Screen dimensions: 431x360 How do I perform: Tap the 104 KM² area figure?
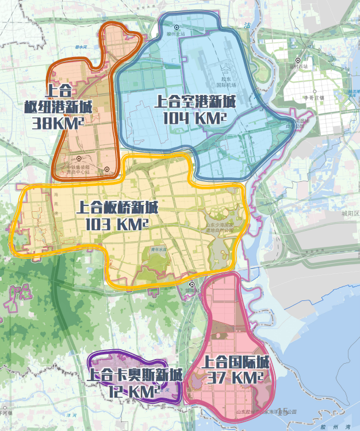pos(194,118)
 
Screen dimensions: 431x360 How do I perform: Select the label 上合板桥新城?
pos(117,208)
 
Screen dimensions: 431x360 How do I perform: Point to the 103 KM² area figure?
pos(117,223)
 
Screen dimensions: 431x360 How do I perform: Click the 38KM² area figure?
pos(58,122)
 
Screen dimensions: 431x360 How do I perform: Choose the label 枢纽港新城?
pos(58,107)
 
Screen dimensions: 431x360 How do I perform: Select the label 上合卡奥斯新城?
pos(135,375)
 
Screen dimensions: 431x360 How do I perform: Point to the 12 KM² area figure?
pos(134,391)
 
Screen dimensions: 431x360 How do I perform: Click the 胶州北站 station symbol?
pos(177,27)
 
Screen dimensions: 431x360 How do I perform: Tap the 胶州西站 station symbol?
pos(298,60)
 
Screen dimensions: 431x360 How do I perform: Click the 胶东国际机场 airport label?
pos(226,83)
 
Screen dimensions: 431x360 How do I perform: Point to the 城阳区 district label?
pos(349,213)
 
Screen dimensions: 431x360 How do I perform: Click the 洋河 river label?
pos(71,415)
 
